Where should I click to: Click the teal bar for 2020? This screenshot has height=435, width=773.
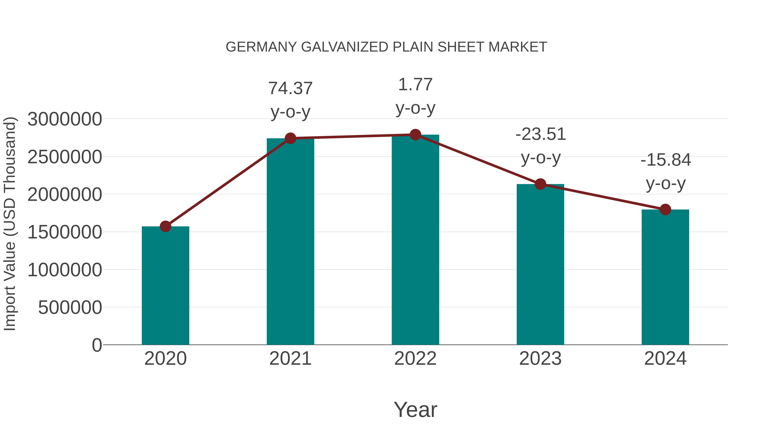coord(165,285)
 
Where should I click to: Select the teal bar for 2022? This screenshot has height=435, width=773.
coord(415,240)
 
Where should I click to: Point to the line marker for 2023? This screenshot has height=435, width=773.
coord(540,184)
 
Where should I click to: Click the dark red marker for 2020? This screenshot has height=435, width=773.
coord(165,226)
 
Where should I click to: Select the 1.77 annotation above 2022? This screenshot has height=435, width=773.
coord(415,85)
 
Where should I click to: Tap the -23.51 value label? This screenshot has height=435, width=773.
coord(540,134)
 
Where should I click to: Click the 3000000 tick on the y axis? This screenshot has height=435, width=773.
coord(64,119)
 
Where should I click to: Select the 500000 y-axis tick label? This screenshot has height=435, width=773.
coord(70,307)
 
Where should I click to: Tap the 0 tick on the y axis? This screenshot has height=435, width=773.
coord(97,345)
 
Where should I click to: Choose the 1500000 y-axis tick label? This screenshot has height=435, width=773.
coord(64,232)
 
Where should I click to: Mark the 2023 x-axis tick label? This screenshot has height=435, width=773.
coord(540,359)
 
